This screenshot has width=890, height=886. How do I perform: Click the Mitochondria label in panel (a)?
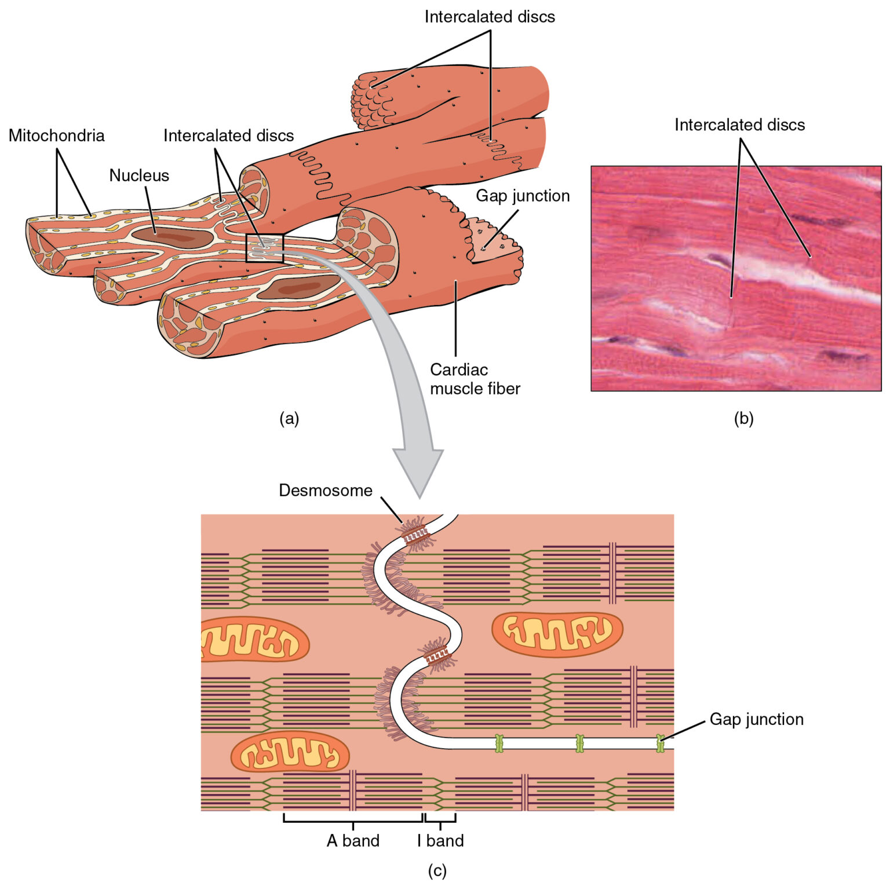[57, 136]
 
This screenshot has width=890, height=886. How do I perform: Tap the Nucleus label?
[139, 175]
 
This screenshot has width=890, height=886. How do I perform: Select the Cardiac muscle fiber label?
[475, 379]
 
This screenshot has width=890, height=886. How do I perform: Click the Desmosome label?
[326, 490]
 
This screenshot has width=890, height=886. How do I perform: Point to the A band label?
[353, 840]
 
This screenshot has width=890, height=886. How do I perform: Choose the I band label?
[440, 840]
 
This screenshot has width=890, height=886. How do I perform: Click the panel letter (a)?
[289, 418]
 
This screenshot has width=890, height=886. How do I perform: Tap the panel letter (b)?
[743, 418]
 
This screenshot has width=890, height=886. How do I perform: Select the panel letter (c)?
[437, 870]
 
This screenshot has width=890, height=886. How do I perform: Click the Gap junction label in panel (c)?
[756, 719]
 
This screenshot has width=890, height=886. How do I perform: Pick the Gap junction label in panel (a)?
[523, 196]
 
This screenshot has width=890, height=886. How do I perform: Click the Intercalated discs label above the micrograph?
[739, 125]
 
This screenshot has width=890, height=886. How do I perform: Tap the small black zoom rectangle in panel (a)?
[265, 248]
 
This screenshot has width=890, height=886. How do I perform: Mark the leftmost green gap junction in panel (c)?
[499, 743]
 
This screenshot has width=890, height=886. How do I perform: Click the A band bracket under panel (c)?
[353, 821]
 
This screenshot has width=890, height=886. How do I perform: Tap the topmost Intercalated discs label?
[490, 17]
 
